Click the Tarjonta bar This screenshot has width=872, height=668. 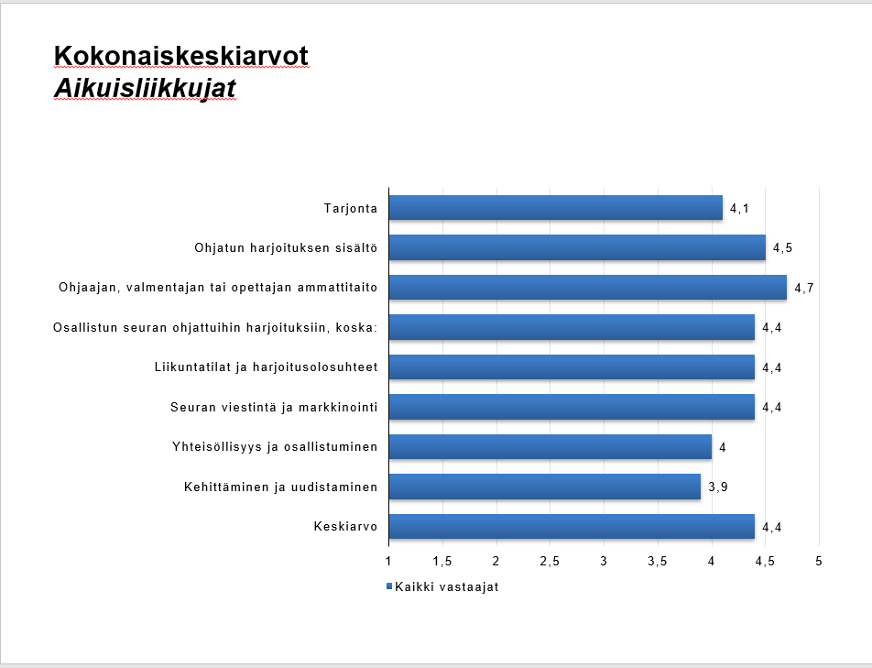tap(556, 207)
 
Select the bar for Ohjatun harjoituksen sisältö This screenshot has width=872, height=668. tap(577, 247)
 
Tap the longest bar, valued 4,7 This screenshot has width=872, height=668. tap(588, 287)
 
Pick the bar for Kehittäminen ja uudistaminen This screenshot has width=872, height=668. tap(545, 487)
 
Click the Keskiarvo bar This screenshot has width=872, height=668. tap(572, 526)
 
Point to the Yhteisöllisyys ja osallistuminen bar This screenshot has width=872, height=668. tap(550, 446)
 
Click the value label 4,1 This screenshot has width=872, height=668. tap(740, 209)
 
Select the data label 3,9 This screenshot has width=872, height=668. tap(718, 487)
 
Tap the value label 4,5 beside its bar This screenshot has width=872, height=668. tap(782, 248)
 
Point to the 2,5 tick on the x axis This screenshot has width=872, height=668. tap(550, 561)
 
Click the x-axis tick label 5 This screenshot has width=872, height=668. tap(819, 561)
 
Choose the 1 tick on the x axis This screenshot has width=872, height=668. tap(388, 561)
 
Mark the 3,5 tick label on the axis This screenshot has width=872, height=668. tap(658, 561)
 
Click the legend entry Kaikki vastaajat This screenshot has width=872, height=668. tap(447, 586)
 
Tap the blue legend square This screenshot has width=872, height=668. tap(389, 586)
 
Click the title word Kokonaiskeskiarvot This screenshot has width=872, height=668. tap(181, 56)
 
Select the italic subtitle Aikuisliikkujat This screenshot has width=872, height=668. tap(145, 88)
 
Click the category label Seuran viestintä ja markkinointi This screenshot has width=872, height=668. tap(274, 407)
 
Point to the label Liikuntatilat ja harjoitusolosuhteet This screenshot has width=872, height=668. tap(267, 367)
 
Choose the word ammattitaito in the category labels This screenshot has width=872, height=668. tap(338, 288)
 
